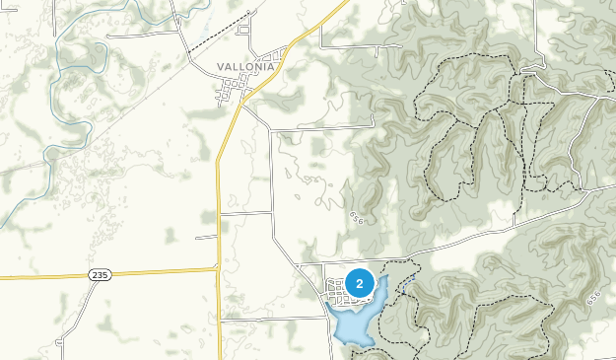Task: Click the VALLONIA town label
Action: click(245, 67)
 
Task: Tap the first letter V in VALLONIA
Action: click(222, 67)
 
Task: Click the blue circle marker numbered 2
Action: click(360, 284)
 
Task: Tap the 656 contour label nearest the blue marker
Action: click(356, 217)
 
